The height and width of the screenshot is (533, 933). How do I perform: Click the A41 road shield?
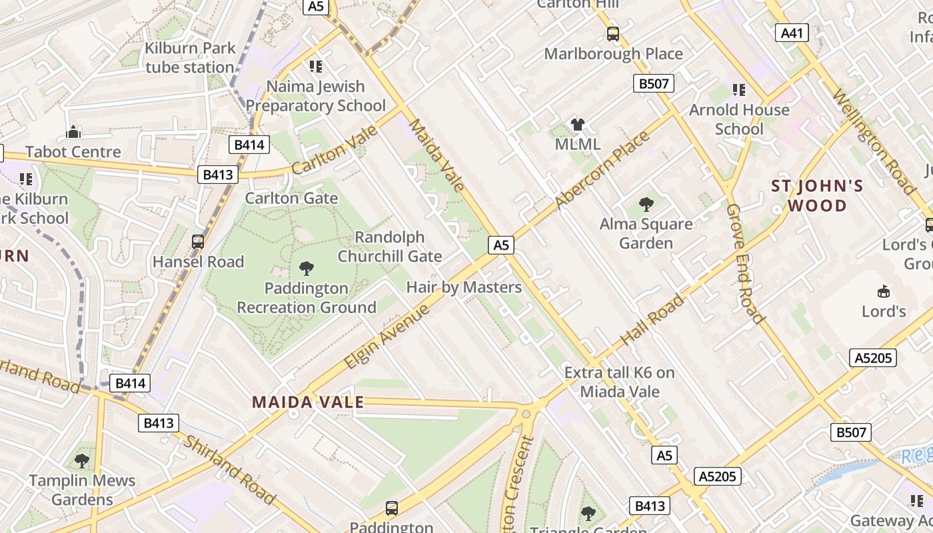[x=792, y=32]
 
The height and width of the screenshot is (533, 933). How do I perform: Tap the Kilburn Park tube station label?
[x=190, y=57]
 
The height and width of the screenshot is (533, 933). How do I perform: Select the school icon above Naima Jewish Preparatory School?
[x=316, y=66]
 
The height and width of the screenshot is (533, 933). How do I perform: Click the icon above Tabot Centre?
[x=73, y=132]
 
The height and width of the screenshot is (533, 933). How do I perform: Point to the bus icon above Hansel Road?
[x=198, y=242]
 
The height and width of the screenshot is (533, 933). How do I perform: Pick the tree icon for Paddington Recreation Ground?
[x=307, y=268]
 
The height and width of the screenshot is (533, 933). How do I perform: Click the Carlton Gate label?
[x=291, y=198]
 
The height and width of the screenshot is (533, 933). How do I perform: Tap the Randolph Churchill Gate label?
[x=390, y=247]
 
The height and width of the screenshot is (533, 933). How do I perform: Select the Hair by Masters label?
[x=464, y=287]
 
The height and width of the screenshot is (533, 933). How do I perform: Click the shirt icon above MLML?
[x=577, y=124]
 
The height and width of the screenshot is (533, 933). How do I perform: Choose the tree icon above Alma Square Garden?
[x=646, y=204]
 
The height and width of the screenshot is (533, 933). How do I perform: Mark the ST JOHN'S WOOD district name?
[x=817, y=195]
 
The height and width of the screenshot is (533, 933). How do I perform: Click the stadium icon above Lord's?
[x=884, y=291]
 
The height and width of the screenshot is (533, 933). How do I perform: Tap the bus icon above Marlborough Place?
[x=613, y=33]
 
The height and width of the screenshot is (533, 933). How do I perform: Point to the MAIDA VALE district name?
[x=308, y=402]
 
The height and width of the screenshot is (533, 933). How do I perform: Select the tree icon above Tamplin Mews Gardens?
[x=82, y=460]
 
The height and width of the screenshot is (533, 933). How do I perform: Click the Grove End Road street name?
[x=744, y=264]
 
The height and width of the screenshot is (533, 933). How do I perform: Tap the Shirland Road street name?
[x=229, y=470]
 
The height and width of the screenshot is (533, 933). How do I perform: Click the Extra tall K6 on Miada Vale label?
[x=620, y=382]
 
